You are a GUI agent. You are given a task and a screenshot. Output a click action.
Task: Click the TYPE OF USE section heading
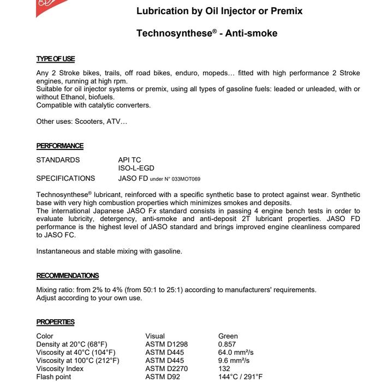click(56, 59)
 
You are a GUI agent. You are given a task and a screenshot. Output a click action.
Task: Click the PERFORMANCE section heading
click(60, 146)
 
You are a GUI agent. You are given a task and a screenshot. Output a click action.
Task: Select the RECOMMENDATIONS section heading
click(68, 276)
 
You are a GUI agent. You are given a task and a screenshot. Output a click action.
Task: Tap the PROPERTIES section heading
click(56, 322)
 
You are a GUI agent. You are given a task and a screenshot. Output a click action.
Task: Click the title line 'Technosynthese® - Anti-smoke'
click(207, 33)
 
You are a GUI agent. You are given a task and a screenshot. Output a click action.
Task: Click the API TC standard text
click(129, 160)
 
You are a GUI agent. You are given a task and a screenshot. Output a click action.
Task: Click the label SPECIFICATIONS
click(65, 178)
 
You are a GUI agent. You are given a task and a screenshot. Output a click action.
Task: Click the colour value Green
click(228, 336)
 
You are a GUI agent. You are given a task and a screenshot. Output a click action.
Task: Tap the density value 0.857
click(228, 344)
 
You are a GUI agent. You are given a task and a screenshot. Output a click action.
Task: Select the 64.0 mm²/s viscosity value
click(236, 353)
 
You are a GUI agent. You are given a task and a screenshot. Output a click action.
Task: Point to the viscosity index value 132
click(224, 369)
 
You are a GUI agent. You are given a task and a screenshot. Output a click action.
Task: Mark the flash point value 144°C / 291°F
click(241, 377)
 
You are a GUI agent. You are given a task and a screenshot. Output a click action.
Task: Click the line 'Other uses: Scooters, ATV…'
click(81, 121)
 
